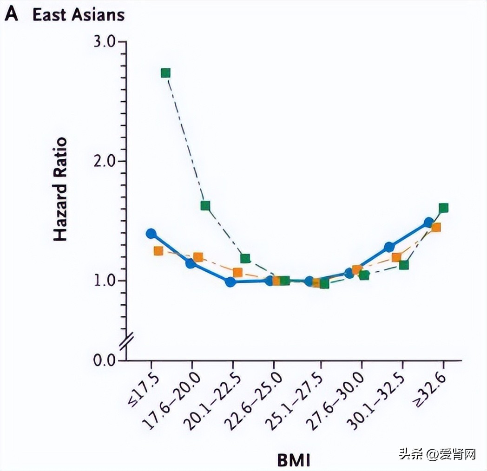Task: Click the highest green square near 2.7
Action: pyautogui.click(x=165, y=73)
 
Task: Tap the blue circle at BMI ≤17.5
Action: pyautogui.click(x=151, y=234)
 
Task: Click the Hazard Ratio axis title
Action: pyautogui.click(x=60, y=189)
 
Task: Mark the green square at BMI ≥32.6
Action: pyautogui.click(x=443, y=208)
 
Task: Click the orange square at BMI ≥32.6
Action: pyautogui.click(x=436, y=227)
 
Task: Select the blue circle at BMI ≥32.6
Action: pyautogui.click(x=429, y=222)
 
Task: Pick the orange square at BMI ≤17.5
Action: pyautogui.click(x=158, y=251)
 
